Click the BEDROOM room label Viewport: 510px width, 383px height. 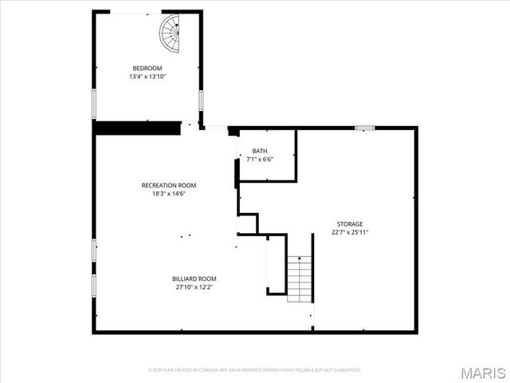pos(147,69)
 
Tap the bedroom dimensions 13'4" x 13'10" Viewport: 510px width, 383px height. pos(147,77)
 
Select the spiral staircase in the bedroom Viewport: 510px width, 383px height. pos(171,33)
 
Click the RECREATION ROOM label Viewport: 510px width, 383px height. pos(169,185)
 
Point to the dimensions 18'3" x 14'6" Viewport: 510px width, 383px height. pos(169,193)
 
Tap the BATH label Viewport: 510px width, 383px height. pos(260,151)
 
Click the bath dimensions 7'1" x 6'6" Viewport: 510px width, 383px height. pos(260,159)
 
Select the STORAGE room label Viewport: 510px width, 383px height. pos(350,224)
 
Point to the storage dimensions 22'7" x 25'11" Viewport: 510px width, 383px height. pos(350,232)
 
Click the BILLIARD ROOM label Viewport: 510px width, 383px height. pos(194,278)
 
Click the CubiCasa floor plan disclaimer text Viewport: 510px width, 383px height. pos(255,370)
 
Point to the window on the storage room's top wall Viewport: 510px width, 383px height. pos(365,127)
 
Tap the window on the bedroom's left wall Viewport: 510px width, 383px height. pos(94,105)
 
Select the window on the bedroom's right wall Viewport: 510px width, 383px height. pos(201,101)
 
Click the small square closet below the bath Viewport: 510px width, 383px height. pos(248,223)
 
